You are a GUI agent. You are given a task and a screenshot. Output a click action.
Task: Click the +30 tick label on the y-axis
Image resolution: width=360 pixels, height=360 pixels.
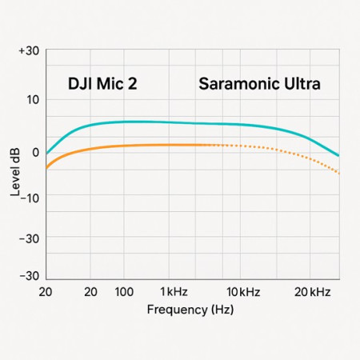(x=29, y=50)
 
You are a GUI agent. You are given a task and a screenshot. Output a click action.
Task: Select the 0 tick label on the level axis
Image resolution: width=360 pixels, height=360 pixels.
(x=34, y=151)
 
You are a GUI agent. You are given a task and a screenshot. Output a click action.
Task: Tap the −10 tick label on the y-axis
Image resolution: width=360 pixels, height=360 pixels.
(x=28, y=196)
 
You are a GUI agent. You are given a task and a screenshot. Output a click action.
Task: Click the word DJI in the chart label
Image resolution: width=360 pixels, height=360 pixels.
(x=81, y=84)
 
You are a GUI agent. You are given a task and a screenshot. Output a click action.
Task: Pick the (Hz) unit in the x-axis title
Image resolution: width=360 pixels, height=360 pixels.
(x=222, y=309)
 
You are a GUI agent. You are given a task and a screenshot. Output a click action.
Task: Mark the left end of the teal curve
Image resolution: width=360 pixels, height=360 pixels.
(x=47, y=153)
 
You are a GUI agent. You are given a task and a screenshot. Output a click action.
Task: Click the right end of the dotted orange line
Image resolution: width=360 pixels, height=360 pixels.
(x=339, y=173)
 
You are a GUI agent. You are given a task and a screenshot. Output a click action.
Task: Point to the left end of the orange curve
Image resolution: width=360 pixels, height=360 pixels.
(x=47, y=167)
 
